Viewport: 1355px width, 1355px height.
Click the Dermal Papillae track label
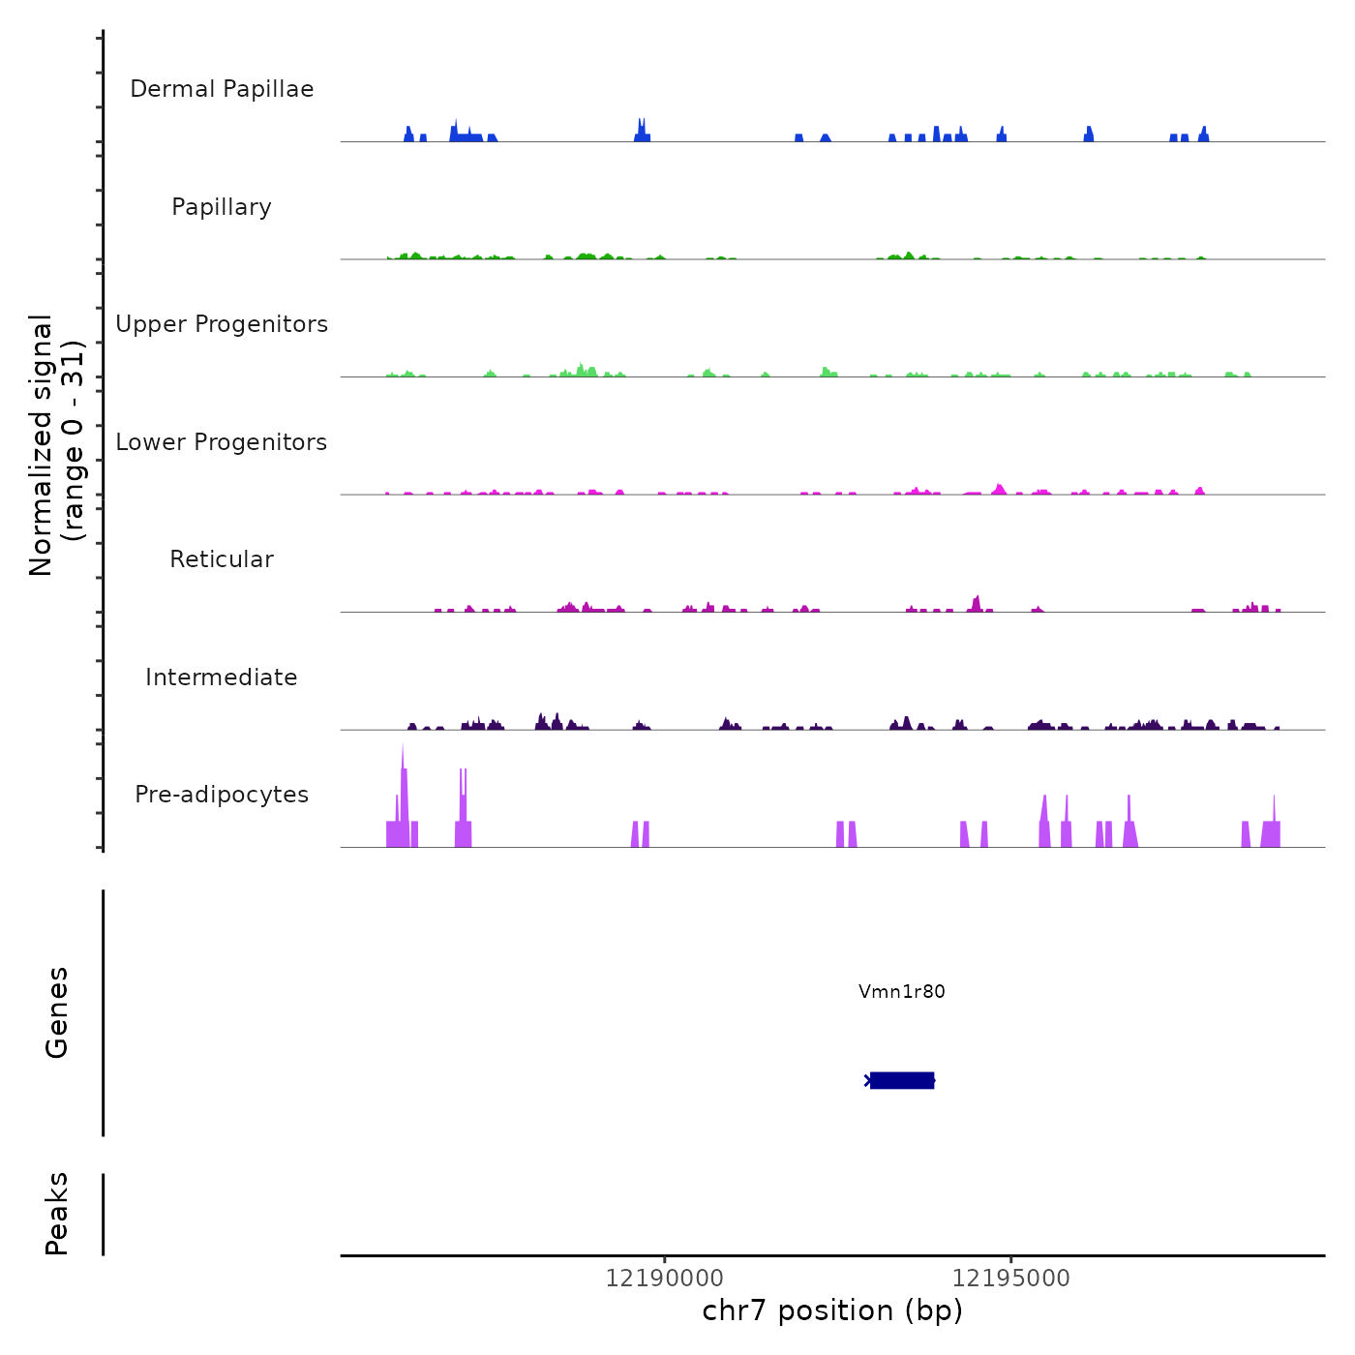(222, 89)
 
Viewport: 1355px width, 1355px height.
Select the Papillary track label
(222, 207)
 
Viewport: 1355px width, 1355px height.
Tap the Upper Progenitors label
(222, 324)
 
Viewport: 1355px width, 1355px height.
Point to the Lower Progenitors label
(222, 442)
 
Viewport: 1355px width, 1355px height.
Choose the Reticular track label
(222, 559)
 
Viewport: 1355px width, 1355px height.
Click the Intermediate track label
(222, 677)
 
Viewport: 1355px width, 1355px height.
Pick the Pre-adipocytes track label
(222, 795)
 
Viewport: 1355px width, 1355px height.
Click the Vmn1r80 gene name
(901, 991)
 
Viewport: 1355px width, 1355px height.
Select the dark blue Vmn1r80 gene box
(902, 1080)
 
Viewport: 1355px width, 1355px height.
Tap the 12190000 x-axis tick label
(665, 1278)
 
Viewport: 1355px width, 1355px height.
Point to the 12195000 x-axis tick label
(1011, 1278)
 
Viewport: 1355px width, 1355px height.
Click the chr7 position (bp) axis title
(832, 1310)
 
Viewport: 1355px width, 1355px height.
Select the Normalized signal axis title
(56, 445)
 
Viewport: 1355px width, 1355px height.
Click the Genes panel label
(57, 1012)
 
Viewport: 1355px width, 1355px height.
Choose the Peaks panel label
(57, 1214)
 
